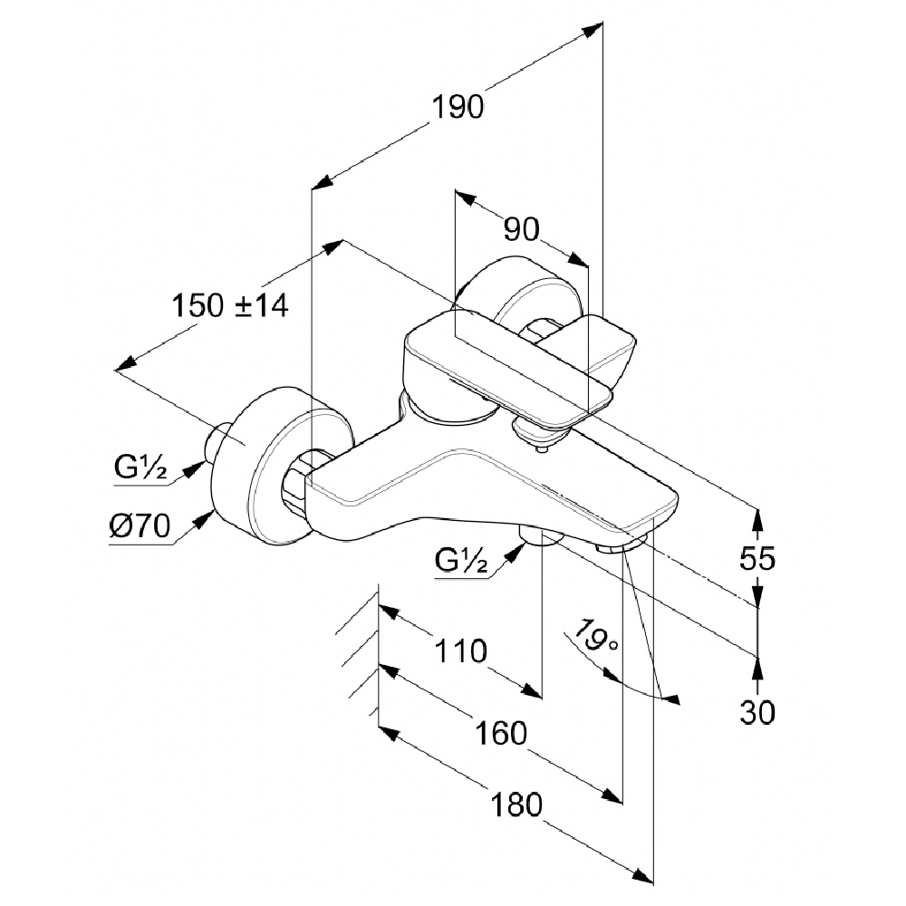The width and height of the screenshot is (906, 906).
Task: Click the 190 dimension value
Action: (x=458, y=108)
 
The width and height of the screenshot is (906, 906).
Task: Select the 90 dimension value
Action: (x=522, y=229)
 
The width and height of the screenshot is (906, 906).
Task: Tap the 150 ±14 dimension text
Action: (x=230, y=305)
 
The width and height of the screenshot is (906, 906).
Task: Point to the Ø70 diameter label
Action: (x=140, y=525)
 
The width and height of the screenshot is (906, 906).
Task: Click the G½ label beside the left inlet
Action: (x=140, y=467)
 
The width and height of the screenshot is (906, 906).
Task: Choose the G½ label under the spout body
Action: (x=461, y=559)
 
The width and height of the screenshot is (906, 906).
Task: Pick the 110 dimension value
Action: (x=460, y=651)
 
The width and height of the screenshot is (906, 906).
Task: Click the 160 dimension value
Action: (x=501, y=733)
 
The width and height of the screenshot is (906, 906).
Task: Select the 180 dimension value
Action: (x=516, y=805)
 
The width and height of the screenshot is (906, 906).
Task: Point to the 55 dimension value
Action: (x=757, y=559)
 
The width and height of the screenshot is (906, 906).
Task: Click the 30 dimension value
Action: (x=757, y=712)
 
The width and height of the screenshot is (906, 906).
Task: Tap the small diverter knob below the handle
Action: (x=535, y=436)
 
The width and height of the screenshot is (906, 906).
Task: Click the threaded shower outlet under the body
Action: (x=541, y=535)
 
